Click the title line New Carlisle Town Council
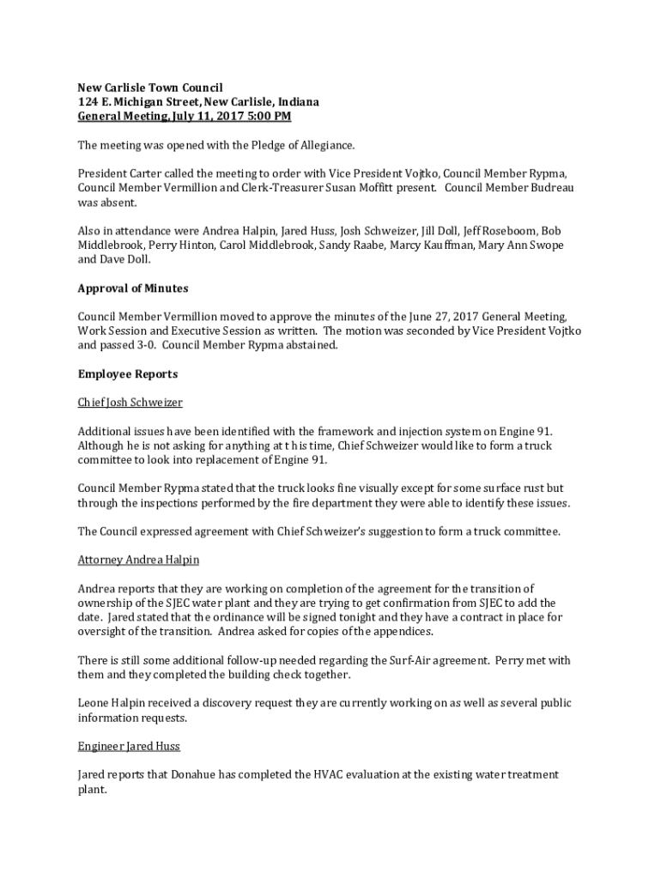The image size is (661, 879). click(150, 88)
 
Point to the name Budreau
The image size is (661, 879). click(549, 187)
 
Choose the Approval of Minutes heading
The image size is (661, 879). click(133, 288)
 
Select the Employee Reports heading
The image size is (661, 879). click(128, 374)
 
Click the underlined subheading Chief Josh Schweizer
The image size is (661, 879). click(130, 403)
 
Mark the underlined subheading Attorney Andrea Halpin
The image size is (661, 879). click(138, 560)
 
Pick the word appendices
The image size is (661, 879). click(397, 632)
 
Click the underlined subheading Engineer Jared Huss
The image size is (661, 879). click(129, 746)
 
